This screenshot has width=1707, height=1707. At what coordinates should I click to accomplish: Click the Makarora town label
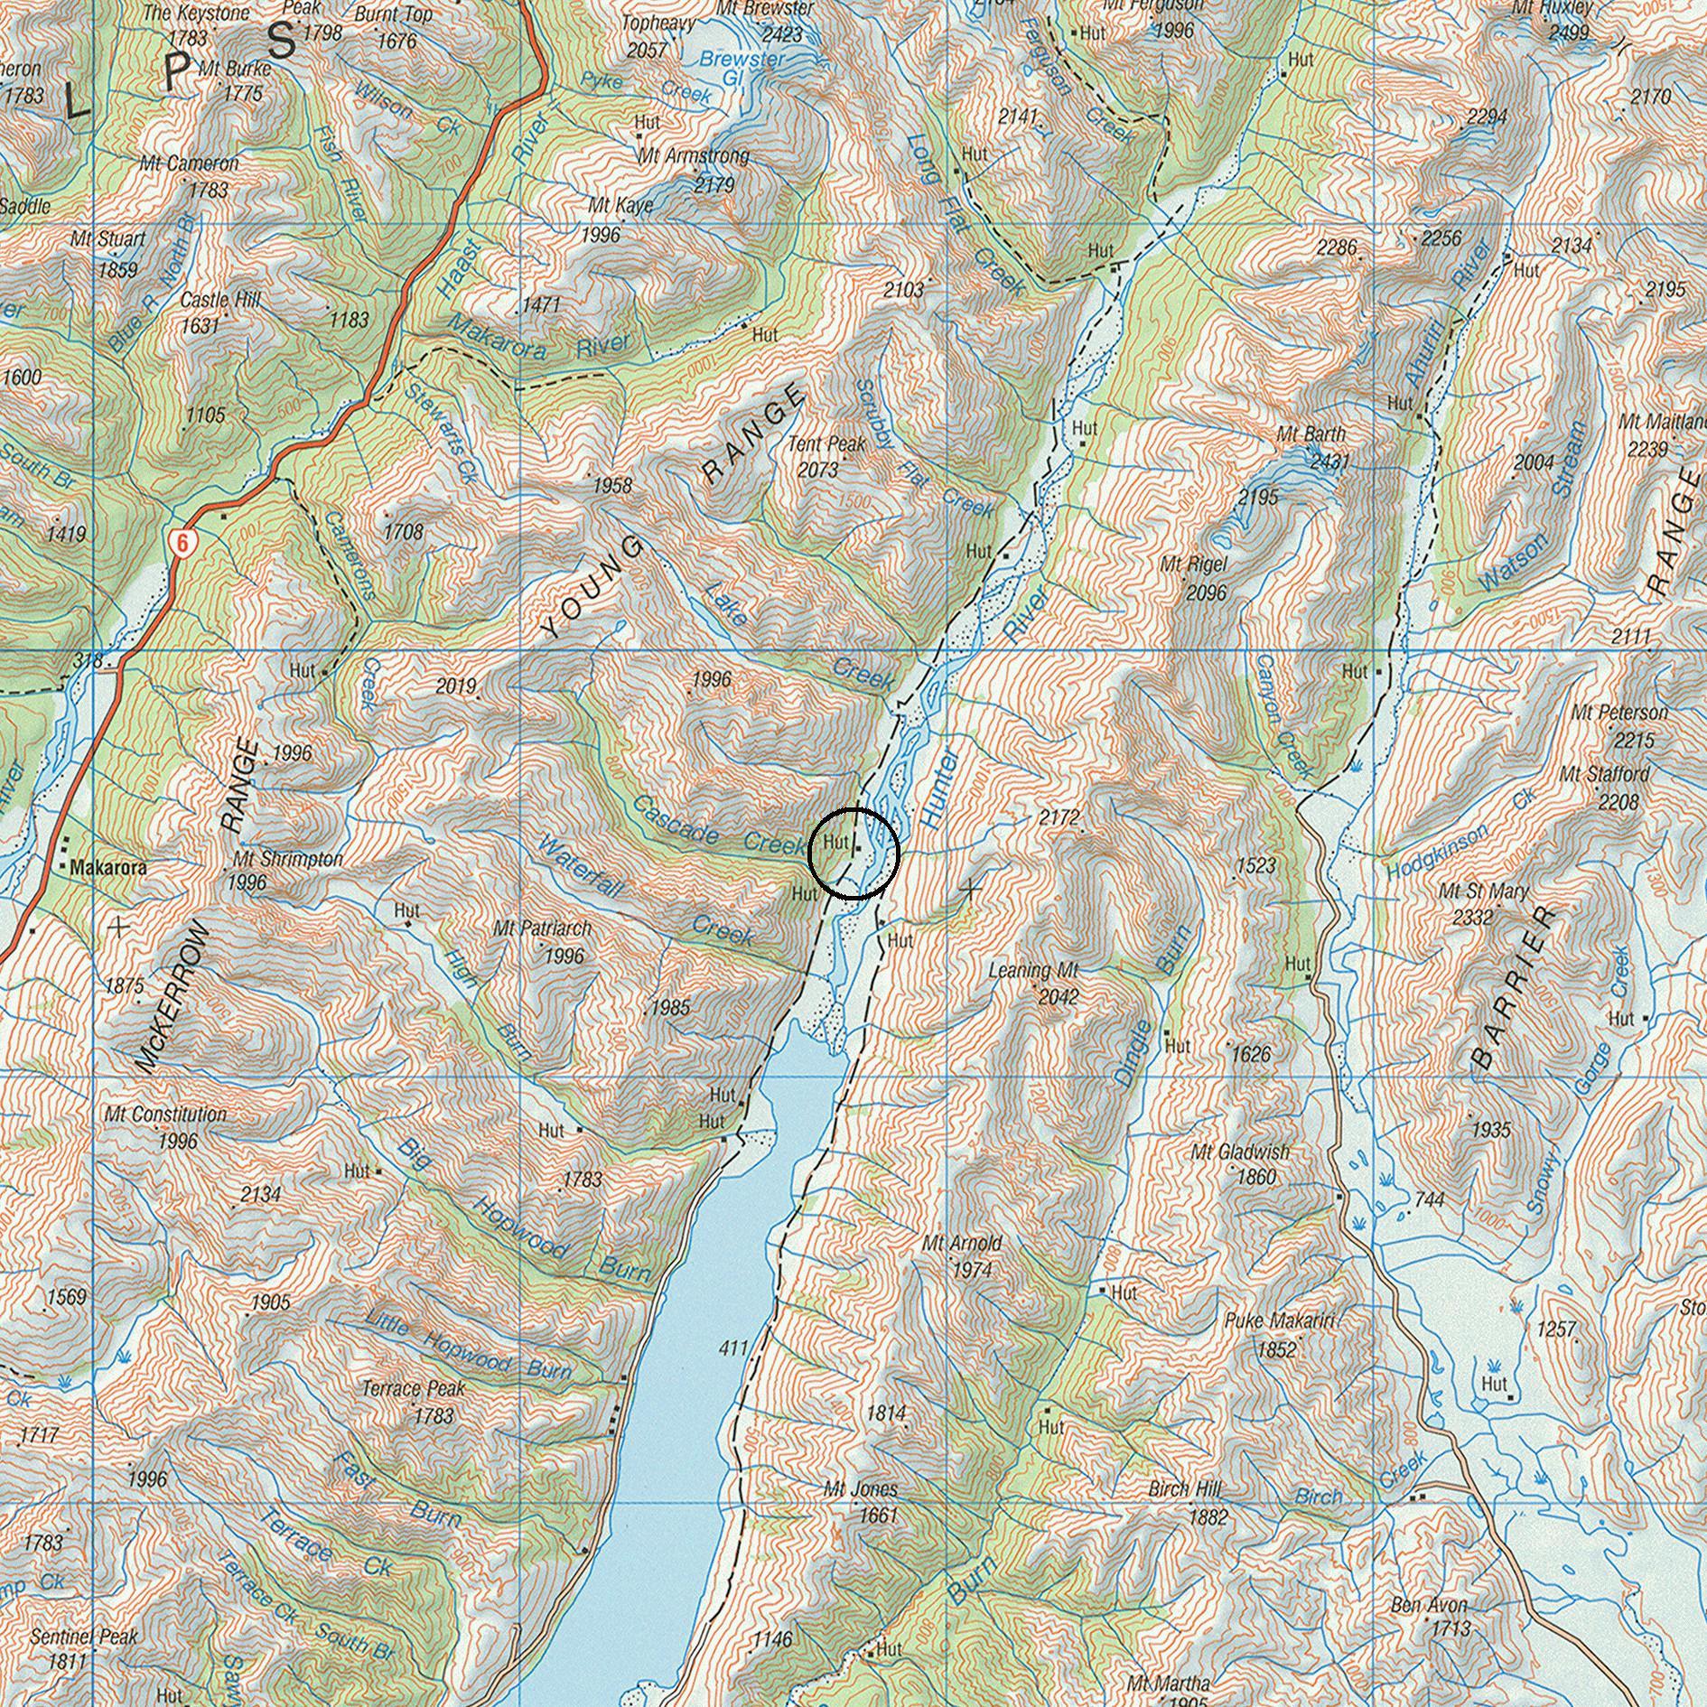point(107,868)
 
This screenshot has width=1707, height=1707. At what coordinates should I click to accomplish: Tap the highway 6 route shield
point(182,542)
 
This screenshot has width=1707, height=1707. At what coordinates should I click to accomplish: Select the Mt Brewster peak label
point(765,8)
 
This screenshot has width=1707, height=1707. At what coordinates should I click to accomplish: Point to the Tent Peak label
point(826,444)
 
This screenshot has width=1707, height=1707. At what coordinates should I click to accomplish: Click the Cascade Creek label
point(717,824)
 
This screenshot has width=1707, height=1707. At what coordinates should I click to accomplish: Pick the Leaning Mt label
point(1033,972)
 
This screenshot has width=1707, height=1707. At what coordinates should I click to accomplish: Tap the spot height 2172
point(1059,818)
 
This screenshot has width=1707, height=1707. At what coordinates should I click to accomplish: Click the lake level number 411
point(733,1348)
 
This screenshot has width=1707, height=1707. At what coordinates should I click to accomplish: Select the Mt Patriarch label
point(542,928)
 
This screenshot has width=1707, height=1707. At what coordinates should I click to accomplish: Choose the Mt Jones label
point(861,1489)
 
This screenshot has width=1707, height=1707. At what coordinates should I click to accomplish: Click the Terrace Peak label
point(413,1387)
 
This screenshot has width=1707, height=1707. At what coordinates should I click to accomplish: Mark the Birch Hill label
point(1184,1488)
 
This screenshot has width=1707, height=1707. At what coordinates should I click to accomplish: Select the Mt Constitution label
point(165,1115)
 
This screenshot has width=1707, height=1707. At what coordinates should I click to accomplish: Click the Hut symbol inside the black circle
point(856,849)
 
